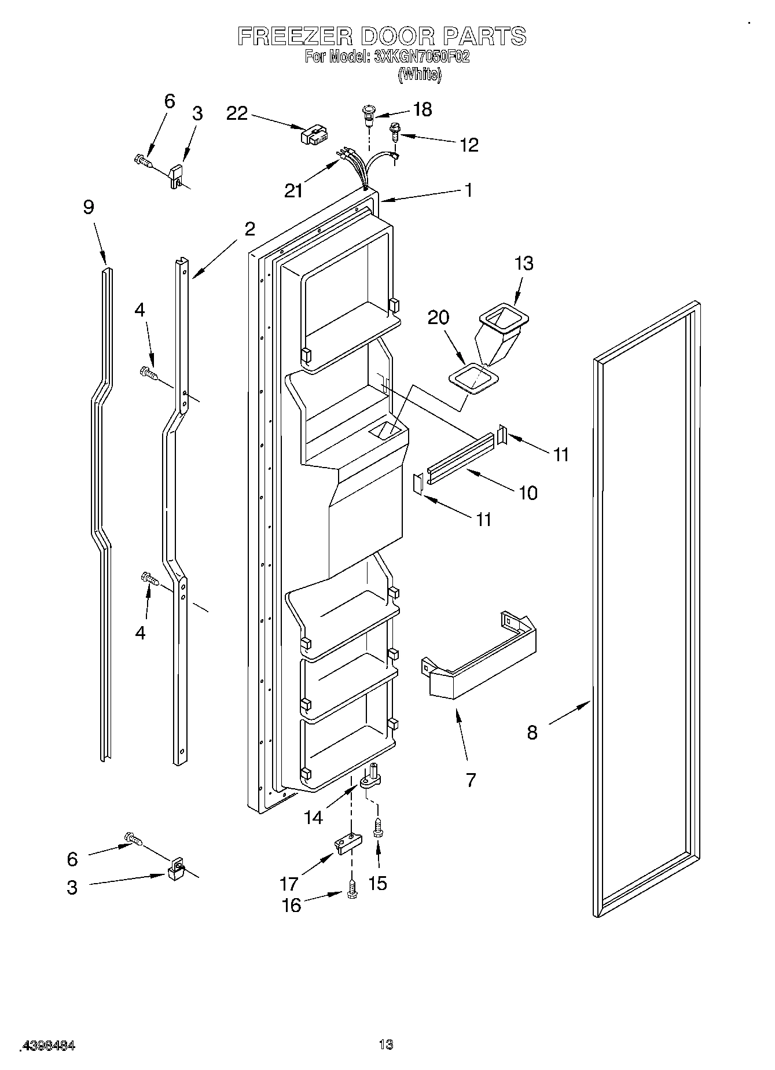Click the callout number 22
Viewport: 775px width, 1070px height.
coord(237,113)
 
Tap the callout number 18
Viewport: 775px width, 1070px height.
coord(423,109)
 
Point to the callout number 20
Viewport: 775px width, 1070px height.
coord(439,318)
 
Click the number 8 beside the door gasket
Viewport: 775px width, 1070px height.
coord(532,733)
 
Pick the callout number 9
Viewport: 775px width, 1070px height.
coord(89,207)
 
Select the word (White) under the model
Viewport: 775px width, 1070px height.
coord(420,74)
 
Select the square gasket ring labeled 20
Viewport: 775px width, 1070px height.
coord(473,378)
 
